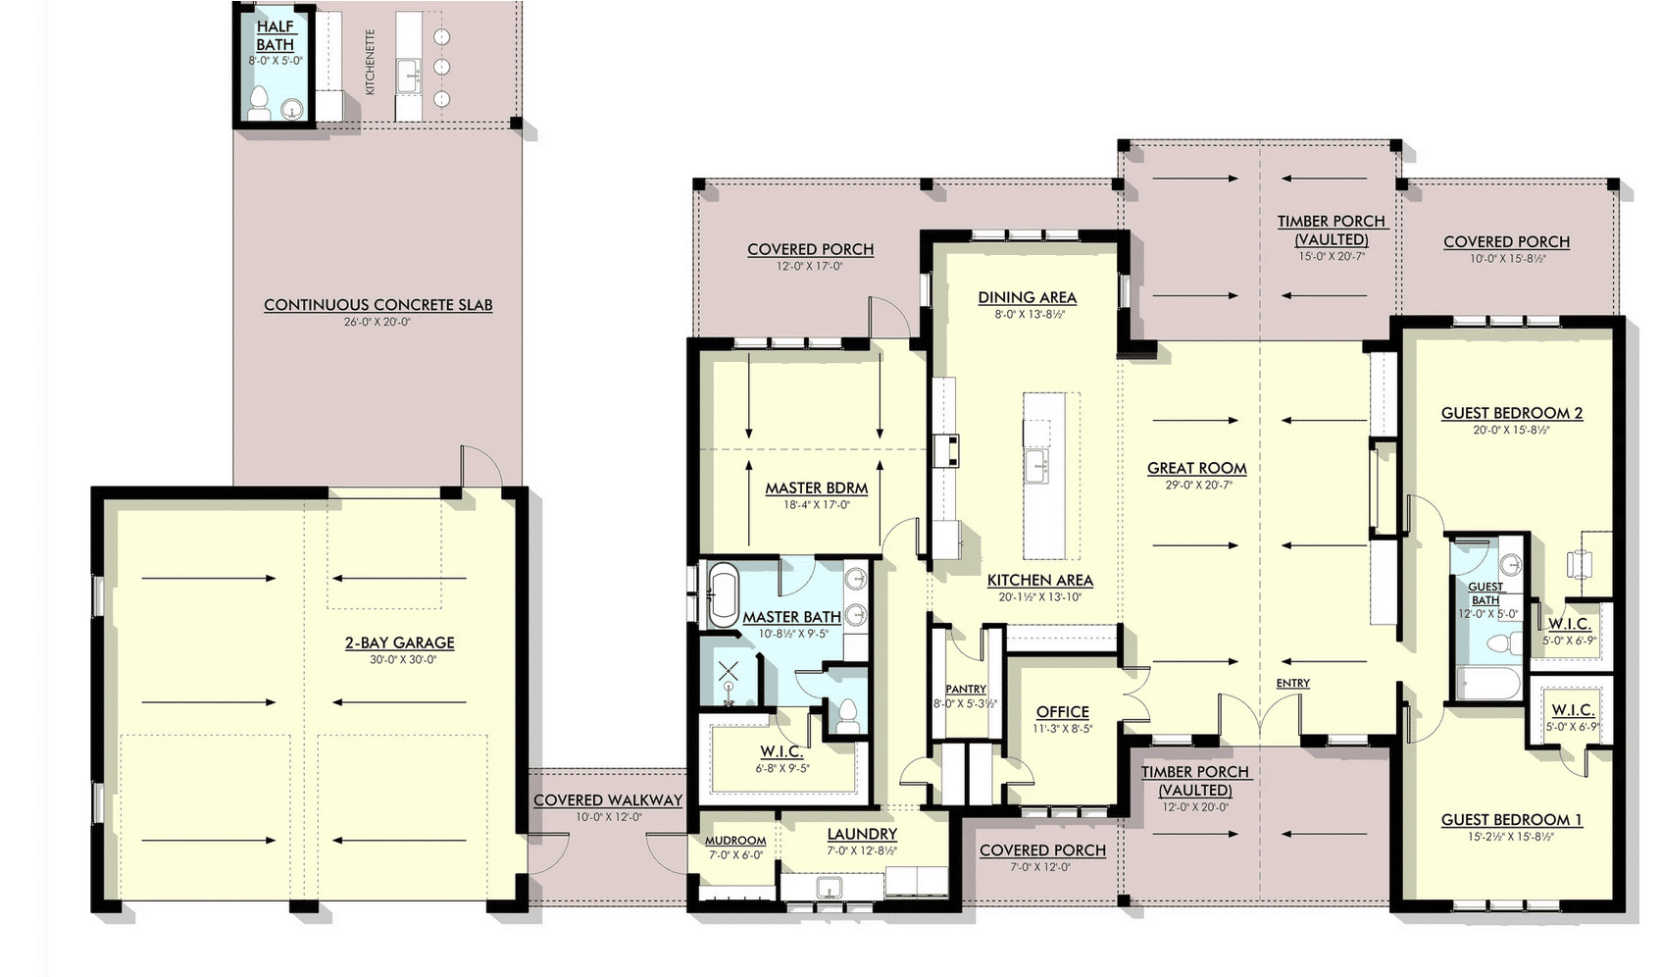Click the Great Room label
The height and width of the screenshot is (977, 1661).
pyautogui.click(x=1197, y=468)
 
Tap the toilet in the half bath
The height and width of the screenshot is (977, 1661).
pyautogui.click(x=259, y=104)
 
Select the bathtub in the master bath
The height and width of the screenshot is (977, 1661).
pyautogui.click(x=722, y=595)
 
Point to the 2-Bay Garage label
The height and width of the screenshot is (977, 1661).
pyautogui.click(x=400, y=643)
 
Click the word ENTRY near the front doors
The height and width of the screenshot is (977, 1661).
pyautogui.click(x=1293, y=684)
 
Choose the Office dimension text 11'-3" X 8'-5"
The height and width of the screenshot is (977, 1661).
pyautogui.click(x=1063, y=729)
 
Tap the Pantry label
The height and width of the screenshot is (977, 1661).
pyautogui.click(x=966, y=690)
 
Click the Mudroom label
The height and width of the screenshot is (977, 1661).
pyautogui.click(x=734, y=841)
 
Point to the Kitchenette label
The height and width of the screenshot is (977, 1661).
pyautogui.click(x=371, y=62)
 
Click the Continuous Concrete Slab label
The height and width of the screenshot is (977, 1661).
pyautogui.click(x=378, y=305)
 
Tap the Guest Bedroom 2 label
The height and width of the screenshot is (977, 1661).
pyautogui.click(x=1512, y=413)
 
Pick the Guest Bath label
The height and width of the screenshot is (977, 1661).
pyautogui.click(x=1485, y=593)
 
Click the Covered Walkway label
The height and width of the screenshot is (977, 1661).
pyautogui.click(x=608, y=800)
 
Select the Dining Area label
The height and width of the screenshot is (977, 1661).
pyautogui.click(x=1027, y=297)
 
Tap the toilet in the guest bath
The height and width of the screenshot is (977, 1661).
pyautogui.click(x=1499, y=643)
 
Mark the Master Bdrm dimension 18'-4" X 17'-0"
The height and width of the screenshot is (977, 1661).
pyautogui.click(x=816, y=505)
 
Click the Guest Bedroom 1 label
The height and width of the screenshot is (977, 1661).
pyautogui.click(x=1512, y=820)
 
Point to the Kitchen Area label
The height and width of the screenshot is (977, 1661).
pyautogui.click(x=1039, y=580)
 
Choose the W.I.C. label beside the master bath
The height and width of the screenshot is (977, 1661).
pyautogui.click(x=782, y=752)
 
